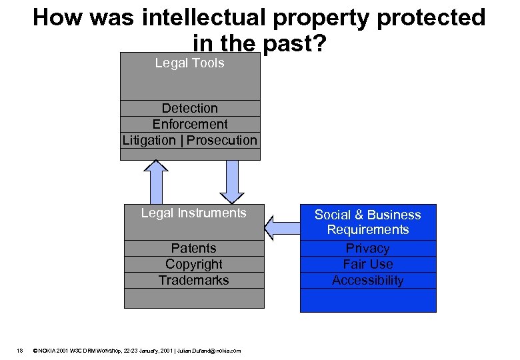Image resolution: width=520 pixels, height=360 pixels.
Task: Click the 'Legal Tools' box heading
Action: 189,63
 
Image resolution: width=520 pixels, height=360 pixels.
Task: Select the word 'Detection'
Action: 189,108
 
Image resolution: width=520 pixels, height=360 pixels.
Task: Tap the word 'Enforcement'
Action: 189,124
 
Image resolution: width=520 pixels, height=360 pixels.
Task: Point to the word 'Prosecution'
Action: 221,140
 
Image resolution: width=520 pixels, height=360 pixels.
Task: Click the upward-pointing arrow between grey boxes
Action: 156,182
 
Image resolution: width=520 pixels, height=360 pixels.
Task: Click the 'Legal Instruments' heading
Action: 193,213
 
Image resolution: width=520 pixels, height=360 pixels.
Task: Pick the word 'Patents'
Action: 193,248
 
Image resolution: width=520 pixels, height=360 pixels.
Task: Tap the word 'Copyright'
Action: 193,264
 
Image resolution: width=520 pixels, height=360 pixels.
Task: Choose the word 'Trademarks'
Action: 193,280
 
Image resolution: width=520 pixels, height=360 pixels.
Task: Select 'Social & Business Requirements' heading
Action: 367,222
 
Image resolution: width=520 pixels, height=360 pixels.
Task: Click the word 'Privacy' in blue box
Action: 367,248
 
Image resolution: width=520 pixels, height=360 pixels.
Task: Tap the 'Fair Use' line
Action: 367,264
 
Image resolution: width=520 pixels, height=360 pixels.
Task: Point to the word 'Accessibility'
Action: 367,280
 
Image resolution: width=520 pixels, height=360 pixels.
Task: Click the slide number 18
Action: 21,351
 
